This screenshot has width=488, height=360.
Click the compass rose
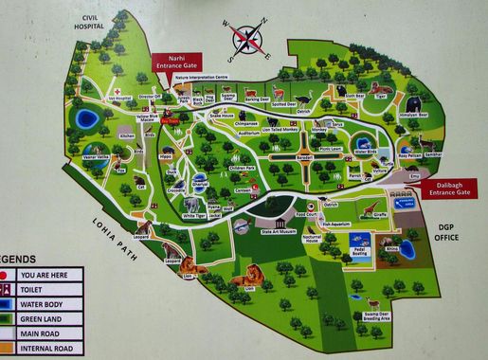click(248, 39)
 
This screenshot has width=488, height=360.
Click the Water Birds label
click(365, 151)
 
